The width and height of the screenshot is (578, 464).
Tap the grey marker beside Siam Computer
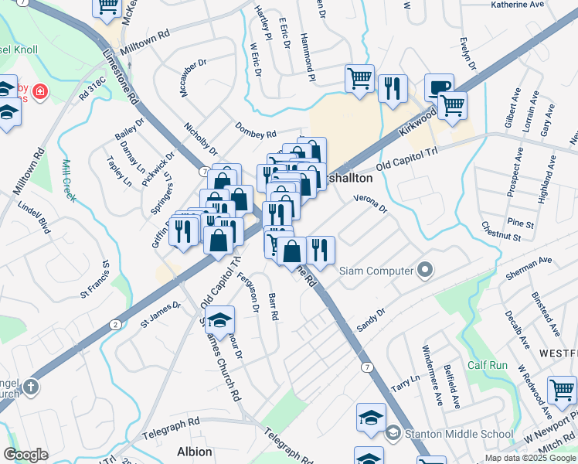pyautogui.click(x=424, y=271)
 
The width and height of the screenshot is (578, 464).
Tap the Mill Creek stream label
pyautogui.click(x=68, y=181)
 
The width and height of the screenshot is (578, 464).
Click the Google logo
pyautogui.click(x=25, y=455)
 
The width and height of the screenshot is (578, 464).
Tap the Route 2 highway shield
pyautogui.click(x=115, y=323)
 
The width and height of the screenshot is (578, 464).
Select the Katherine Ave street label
pyautogui.click(x=518, y=5)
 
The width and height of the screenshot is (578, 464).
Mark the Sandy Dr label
pyautogui.click(x=370, y=320)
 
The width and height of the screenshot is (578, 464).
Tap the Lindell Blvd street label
pyautogui.click(x=33, y=219)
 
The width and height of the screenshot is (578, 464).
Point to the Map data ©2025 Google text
pyautogui.click(x=530, y=458)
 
